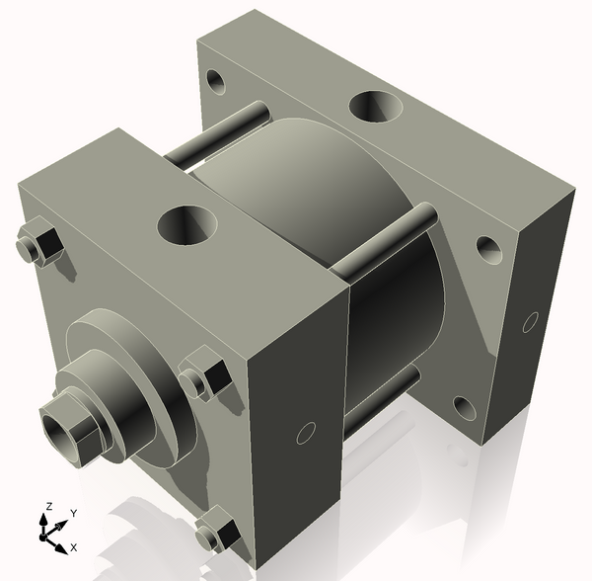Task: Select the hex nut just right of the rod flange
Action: click(204, 376)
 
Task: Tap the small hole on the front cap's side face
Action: click(306, 433)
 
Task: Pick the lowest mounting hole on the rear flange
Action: click(463, 406)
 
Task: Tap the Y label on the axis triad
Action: click(73, 514)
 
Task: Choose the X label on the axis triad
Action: click(74, 546)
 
